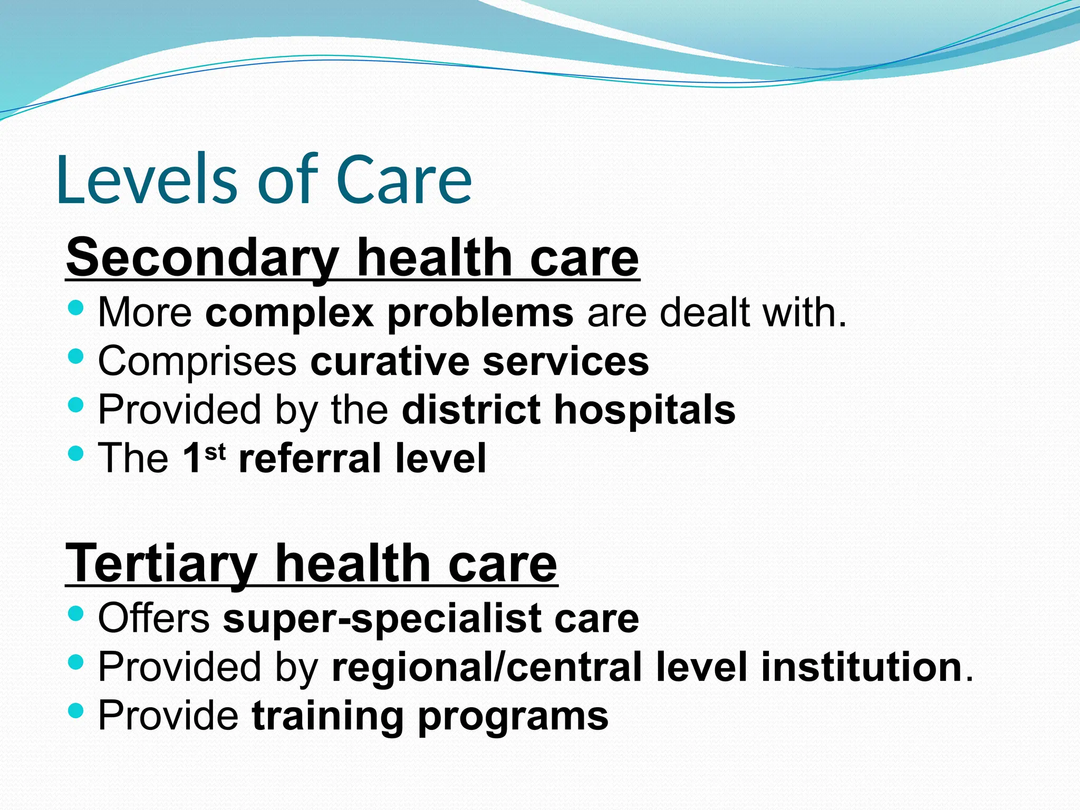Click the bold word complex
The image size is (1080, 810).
pyautogui.click(x=288, y=313)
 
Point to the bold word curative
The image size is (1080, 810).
pyautogui.click(x=390, y=362)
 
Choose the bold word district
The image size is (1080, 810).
pyautogui.click(x=471, y=410)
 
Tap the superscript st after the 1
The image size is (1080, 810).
pyautogui.click(x=215, y=452)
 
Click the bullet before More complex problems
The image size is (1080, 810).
pyautogui.click(x=76, y=307)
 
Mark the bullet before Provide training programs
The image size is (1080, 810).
pyautogui.click(x=76, y=710)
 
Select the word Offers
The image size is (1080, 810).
pyautogui.click(x=154, y=618)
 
